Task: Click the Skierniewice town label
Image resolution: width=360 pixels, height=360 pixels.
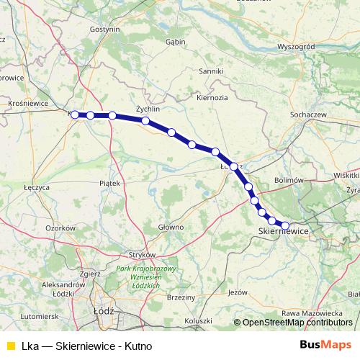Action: tap(283, 231)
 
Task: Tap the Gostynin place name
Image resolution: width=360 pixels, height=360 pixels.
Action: tap(104, 30)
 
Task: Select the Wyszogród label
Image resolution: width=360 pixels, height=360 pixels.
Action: tap(296, 46)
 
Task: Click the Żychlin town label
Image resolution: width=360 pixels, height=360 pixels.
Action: tap(147, 109)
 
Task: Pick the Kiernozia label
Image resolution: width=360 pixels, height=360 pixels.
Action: tap(212, 96)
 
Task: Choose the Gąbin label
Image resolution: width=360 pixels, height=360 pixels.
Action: tap(176, 42)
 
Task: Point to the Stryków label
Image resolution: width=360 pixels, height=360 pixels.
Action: tap(141, 255)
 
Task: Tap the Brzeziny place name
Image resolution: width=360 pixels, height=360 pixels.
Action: tap(181, 297)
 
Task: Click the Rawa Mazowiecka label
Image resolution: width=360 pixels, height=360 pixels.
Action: tap(312, 312)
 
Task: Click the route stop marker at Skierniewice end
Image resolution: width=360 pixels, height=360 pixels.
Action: tap(285, 225)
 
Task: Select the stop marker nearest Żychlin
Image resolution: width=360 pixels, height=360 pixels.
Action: tap(145, 121)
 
